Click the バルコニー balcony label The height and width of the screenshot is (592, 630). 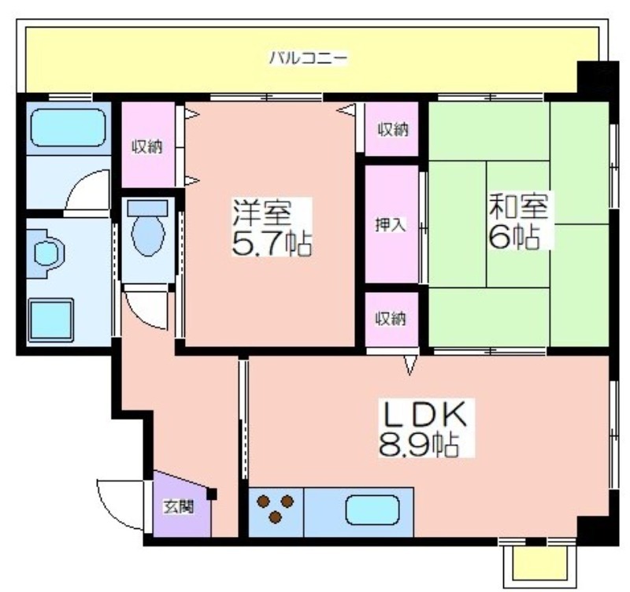click(x=307, y=57)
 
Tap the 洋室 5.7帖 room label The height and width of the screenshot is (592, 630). click(x=272, y=228)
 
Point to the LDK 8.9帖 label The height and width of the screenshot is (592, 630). click(x=425, y=428)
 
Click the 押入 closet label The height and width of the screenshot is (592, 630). click(x=390, y=225)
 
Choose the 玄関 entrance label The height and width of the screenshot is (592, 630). click(x=178, y=507)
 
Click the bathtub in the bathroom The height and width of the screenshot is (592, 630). click(x=69, y=128)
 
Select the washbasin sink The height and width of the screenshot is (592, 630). click(x=48, y=253)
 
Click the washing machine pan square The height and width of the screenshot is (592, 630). click(x=50, y=320)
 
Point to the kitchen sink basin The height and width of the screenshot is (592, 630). click(x=372, y=510)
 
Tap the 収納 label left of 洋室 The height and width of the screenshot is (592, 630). click(x=147, y=147)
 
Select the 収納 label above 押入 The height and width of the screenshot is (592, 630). click(x=392, y=129)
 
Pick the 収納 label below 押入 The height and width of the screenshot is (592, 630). click(x=391, y=319)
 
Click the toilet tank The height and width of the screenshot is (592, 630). click(x=147, y=208)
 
